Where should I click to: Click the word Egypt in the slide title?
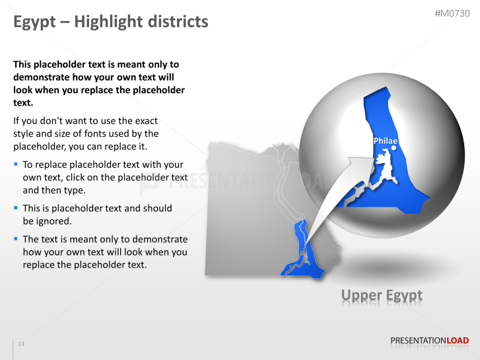coord(33,22)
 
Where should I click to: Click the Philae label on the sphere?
coord(385,141)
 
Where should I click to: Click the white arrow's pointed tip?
coord(371,158)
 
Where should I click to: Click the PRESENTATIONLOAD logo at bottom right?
coord(429,341)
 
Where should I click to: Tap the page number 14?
coord(21,344)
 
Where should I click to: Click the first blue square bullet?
coord(16,163)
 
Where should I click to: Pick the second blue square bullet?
coord(16,207)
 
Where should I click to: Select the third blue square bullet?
coord(16,238)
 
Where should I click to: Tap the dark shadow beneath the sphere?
coord(383,268)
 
